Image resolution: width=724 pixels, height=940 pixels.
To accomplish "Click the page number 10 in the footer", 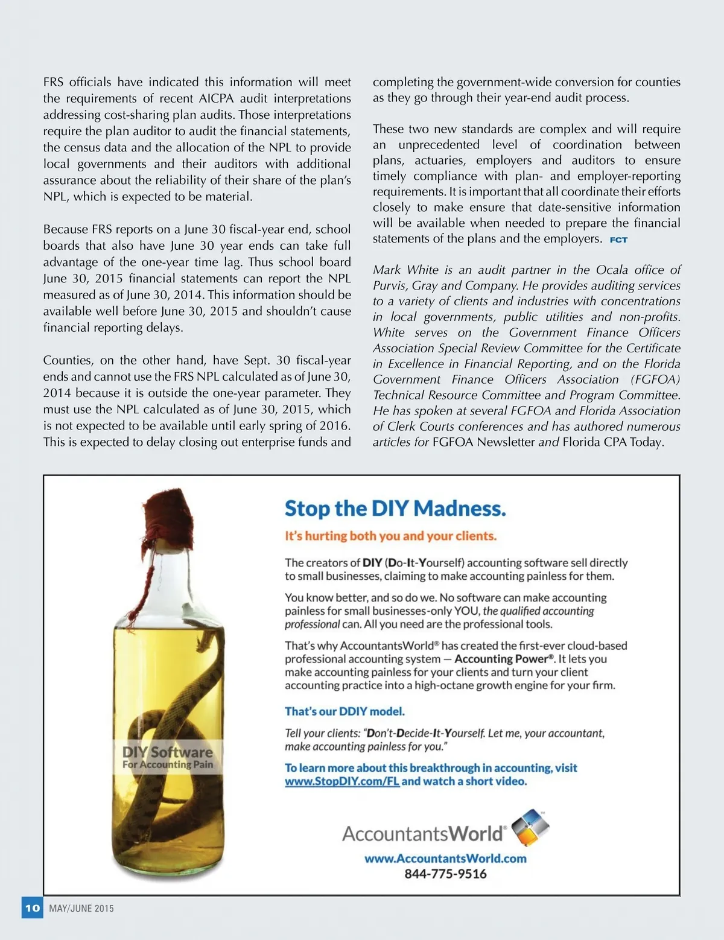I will click(x=32, y=907).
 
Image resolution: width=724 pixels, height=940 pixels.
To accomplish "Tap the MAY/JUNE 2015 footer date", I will click(x=81, y=908).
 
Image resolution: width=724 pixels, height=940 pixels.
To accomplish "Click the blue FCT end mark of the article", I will click(x=618, y=240).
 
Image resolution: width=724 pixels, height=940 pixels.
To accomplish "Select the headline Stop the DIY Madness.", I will click(x=395, y=509).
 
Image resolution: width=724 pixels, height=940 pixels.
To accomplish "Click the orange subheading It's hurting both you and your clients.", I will click(x=390, y=536).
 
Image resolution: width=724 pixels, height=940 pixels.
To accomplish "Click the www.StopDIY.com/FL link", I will click(x=342, y=781).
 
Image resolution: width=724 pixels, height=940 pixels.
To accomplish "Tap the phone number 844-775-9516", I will click(x=445, y=874).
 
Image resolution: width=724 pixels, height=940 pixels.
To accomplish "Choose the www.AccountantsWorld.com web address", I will click(x=445, y=858).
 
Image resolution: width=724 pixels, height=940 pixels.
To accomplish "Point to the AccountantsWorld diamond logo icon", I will click(x=530, y=828).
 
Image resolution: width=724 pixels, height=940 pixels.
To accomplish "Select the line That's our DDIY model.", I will click(x=345, y=711).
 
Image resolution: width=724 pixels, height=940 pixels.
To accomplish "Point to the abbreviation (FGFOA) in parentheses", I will click(x=655, y=379).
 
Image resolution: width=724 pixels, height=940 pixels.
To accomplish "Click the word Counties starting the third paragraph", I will click(x=67, y=360).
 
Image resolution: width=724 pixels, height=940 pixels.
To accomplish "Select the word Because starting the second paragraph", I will click(x=65, y=229).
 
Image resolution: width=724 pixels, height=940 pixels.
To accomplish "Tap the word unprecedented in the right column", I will click(x=439, y=145).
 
